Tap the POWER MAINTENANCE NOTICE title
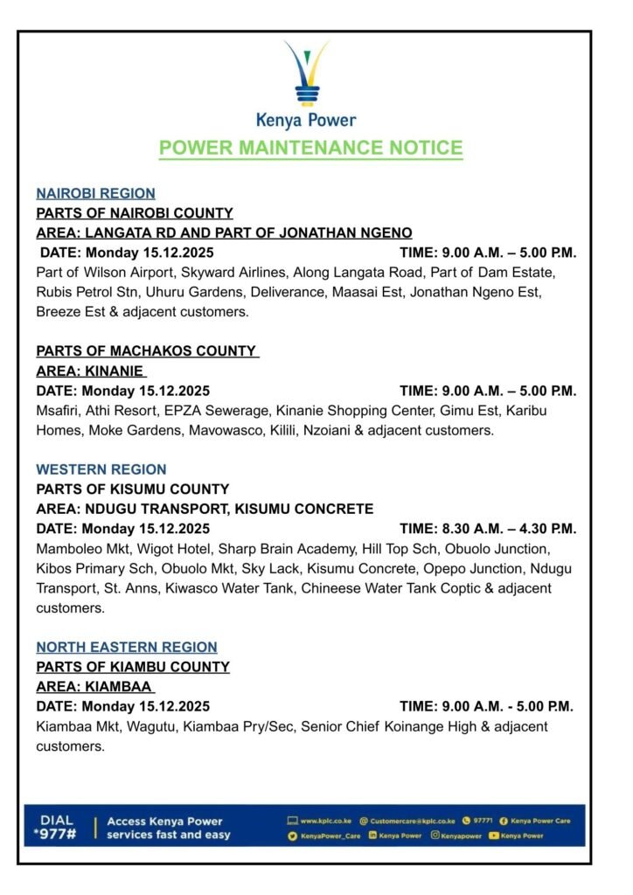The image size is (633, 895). point(310,148)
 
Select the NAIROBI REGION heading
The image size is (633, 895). point(95,193)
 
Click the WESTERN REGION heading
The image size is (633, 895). point(101,469)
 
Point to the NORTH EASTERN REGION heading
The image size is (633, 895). point(127,647)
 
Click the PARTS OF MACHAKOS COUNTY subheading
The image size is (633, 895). point(147,350)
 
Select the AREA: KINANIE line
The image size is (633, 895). point(90,371)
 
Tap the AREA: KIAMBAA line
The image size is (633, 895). point(94,686)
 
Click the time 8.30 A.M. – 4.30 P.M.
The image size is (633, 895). point(488,529)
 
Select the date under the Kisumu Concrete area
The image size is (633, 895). point(122,529)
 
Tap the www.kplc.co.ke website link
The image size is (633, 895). point(327,822)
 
